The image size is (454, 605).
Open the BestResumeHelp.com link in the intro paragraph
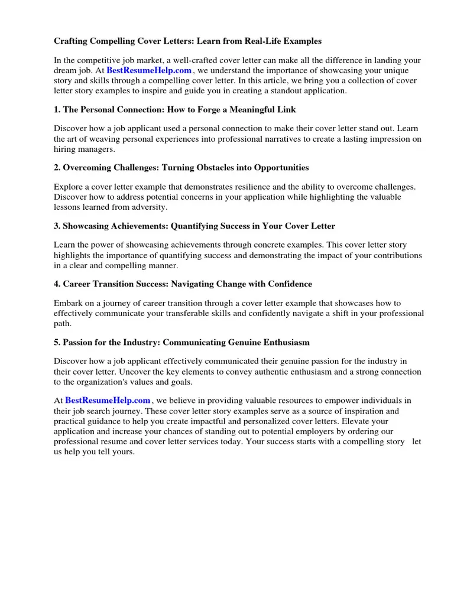tap(149, 70)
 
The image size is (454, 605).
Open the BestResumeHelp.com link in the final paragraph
tap(108, 401)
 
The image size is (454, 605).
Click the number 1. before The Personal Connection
tap(57, 110)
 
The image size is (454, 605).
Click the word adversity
tap(151, 207)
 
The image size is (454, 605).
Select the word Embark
tap(68, 303)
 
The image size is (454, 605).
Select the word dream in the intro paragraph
tap(66, 70)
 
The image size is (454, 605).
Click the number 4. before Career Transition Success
tap(57, 284)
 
